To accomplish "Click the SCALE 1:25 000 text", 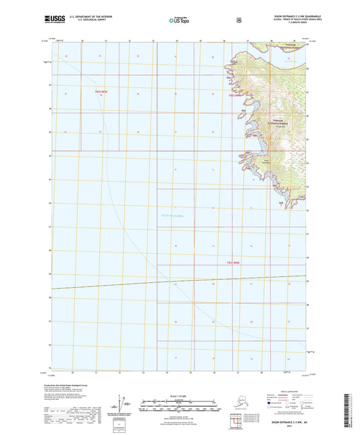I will pyautogui.click(x=179, y=394).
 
